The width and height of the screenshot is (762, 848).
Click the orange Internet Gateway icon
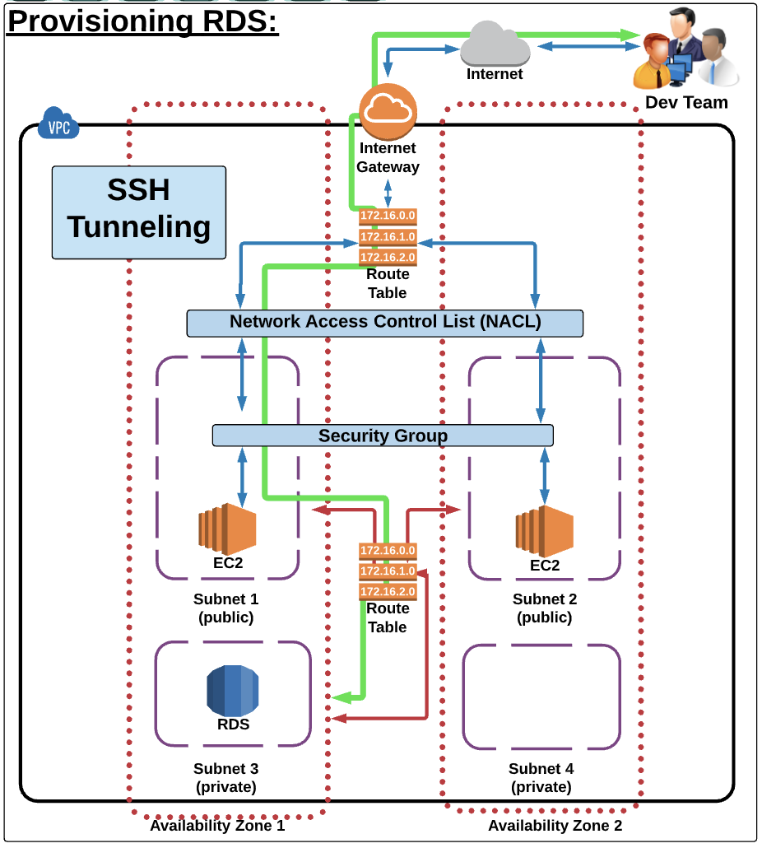(388, 111)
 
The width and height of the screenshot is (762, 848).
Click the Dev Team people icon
(685, 51)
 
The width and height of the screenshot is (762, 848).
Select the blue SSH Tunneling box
(138, 212)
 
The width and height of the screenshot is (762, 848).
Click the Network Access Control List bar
(385, 322)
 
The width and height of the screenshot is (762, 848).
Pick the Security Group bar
(383, 436)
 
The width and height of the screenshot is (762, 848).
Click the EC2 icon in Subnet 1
(227, 529)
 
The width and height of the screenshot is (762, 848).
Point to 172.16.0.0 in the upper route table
(388, 217)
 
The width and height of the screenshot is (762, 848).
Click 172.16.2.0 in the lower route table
(388, 591)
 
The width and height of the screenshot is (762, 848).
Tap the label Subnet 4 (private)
(541, 778)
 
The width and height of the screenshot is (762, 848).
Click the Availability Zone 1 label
(217, 825)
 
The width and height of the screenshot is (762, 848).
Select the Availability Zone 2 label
(555, 825)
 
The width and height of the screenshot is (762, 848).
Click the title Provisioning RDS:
(143, 21)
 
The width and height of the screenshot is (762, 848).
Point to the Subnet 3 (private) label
(225, 778)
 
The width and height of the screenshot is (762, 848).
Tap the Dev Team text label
(686, 102)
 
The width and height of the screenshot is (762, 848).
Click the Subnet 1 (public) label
(225, 608)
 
